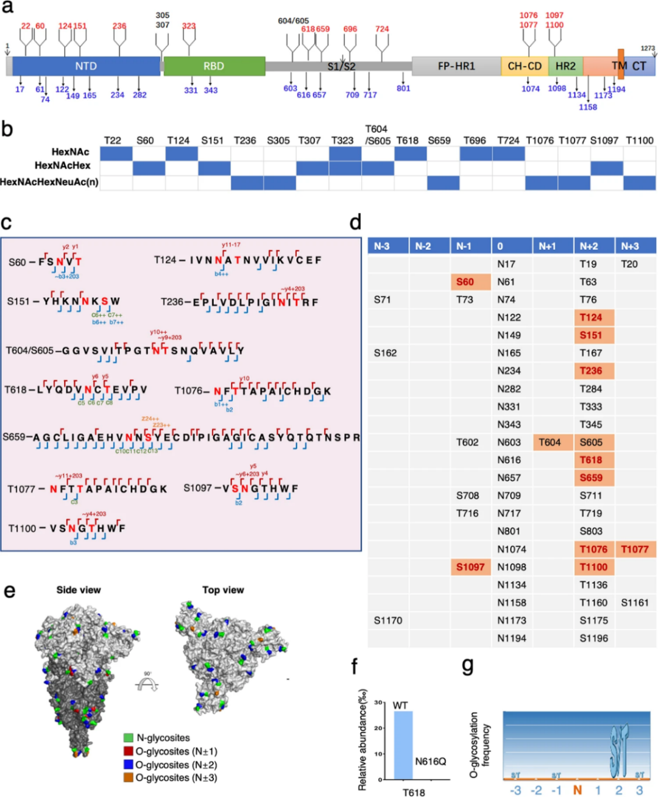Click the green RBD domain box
[x=214, y=66]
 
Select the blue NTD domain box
[x=86, y=66]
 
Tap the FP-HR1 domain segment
[x=456, y=66]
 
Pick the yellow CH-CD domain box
[x=524, y=66]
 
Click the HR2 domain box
[x=565, y=66]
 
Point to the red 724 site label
[x=382, y=29]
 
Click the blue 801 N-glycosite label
[x=403, y=89]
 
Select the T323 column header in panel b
[x=342, y=141]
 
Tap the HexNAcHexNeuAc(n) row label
[x=49, y=182]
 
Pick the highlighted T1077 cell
[x=635, y=549]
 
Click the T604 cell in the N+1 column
[x=550, y=442]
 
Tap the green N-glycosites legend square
[x=128, y=738]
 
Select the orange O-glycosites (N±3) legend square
[x=128, y=778]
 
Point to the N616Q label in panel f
[x=430, y=762]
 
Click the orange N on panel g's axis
[x=577, y=790]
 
